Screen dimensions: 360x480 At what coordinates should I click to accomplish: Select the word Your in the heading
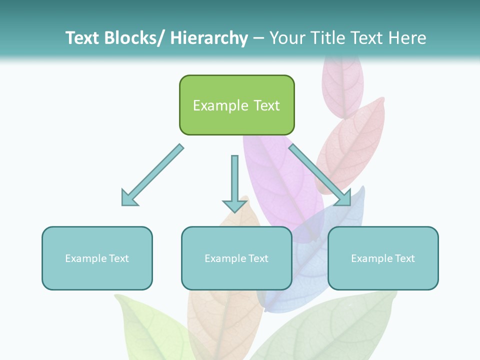click(x=287, y=38)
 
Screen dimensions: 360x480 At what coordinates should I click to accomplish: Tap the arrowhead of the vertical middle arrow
click(x=234, y=205)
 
